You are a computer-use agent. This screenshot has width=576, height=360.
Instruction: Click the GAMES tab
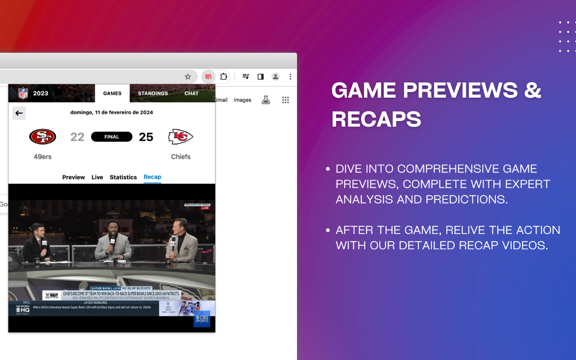point(112,93)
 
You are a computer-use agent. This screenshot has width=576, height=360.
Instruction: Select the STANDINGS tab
point(153,93)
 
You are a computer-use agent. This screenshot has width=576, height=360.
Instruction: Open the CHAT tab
point(191,93)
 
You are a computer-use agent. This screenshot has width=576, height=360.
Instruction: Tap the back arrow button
point(19,113)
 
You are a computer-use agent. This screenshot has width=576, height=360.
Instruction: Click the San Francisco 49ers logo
point(43,137)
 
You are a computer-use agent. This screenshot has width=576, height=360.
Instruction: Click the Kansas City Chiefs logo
point(180,137)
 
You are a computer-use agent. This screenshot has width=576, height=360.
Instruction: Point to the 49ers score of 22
point(77,137)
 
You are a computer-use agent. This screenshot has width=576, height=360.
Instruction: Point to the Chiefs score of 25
point(146,137)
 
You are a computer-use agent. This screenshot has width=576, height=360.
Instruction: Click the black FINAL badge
point(112,137)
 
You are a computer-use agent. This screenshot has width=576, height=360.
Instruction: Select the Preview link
point(73,177)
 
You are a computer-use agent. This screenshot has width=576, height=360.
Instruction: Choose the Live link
point(97,177)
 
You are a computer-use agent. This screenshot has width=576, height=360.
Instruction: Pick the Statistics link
point(123,177)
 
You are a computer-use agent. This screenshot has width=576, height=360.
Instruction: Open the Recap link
point(152,177)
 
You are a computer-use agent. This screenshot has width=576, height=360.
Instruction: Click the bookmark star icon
point(188,76)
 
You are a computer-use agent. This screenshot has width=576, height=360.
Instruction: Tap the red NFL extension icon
point(208,76)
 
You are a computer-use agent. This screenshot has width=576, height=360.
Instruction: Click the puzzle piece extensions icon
point(224,76)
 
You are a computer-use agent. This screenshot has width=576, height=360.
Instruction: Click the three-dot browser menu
point(290,76)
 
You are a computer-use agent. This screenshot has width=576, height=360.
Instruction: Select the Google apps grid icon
point(285,100)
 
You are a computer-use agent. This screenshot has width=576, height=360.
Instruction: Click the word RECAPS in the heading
point(377,119)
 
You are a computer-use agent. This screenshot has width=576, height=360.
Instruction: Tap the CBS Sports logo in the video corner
point(202,319)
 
